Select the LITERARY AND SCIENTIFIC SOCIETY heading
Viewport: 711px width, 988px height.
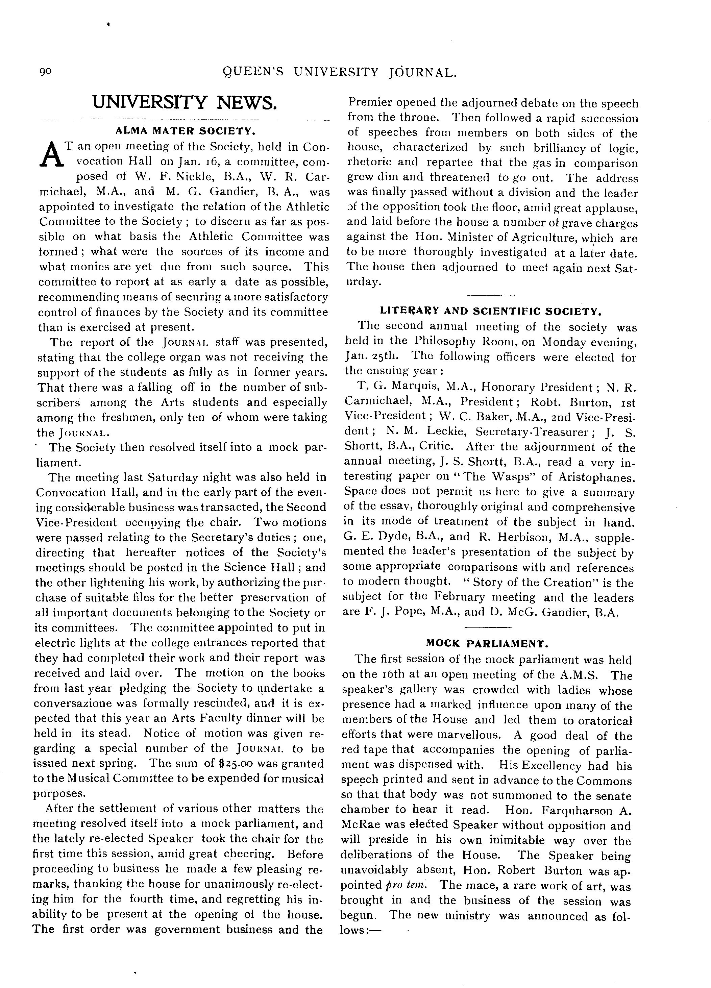click(x=491, y=311)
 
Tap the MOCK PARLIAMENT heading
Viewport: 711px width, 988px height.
click(x=487, y=643)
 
